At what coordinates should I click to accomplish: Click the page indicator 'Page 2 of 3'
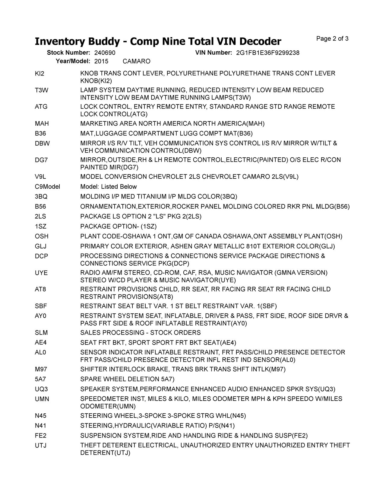click(x=332, y=39)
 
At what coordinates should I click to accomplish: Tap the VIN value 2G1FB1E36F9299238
click(x=268, y=53)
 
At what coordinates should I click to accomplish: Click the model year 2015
click(x=101, y=61)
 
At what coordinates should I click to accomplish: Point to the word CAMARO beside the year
click(x=137, y=61)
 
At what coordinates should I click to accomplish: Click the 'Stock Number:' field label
click(x=68, y=53)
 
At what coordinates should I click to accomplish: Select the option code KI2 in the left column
click(x=40, y=73)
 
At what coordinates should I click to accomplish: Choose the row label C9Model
click(x=47, y=187)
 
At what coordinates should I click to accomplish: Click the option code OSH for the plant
click(x=42, y=236)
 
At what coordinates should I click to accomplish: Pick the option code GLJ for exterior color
click(x=41, y=246)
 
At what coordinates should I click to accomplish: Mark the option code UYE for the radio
click(x=41, y=273)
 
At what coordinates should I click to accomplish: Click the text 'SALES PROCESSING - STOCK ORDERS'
click(x=140, y=333)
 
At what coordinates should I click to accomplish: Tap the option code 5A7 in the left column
click(x=40, y=379)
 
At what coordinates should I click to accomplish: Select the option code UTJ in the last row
click(x=41, y=445)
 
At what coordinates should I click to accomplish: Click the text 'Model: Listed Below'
click(x=109, y=187)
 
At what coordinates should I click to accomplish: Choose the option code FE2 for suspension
click(x=41, y=435)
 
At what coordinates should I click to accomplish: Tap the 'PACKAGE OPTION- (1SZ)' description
click(x=119, y=226)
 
